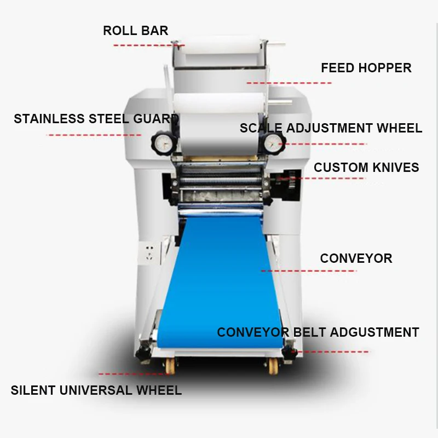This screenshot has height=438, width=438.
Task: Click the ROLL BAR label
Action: (135, 31)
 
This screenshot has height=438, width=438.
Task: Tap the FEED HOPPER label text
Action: (366, 68)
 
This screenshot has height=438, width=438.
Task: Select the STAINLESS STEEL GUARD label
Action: (96, 119)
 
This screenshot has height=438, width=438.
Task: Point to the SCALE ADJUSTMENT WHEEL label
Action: (331, 128)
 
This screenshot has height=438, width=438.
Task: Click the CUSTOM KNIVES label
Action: (366, 168)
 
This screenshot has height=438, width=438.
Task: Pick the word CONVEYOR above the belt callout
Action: (356, 258)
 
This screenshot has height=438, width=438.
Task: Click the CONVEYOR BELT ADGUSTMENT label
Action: (318, 332)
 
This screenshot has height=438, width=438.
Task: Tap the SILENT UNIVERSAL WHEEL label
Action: (96, 390)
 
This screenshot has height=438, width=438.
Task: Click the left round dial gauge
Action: (163, 143)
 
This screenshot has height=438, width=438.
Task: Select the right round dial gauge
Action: (272, 143)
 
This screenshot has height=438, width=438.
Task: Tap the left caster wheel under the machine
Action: (170, 365)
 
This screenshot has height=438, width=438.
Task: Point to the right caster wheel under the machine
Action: (273, 365)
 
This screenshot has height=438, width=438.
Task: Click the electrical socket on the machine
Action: (149, 253)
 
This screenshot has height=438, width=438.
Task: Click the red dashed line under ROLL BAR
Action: (149, 45)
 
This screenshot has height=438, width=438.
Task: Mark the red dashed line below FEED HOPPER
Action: (289, 83)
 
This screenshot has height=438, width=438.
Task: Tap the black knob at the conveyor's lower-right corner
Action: (289, 353)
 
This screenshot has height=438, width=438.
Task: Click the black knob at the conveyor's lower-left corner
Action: (143, 354)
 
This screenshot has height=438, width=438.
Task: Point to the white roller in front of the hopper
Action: (218, 102)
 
